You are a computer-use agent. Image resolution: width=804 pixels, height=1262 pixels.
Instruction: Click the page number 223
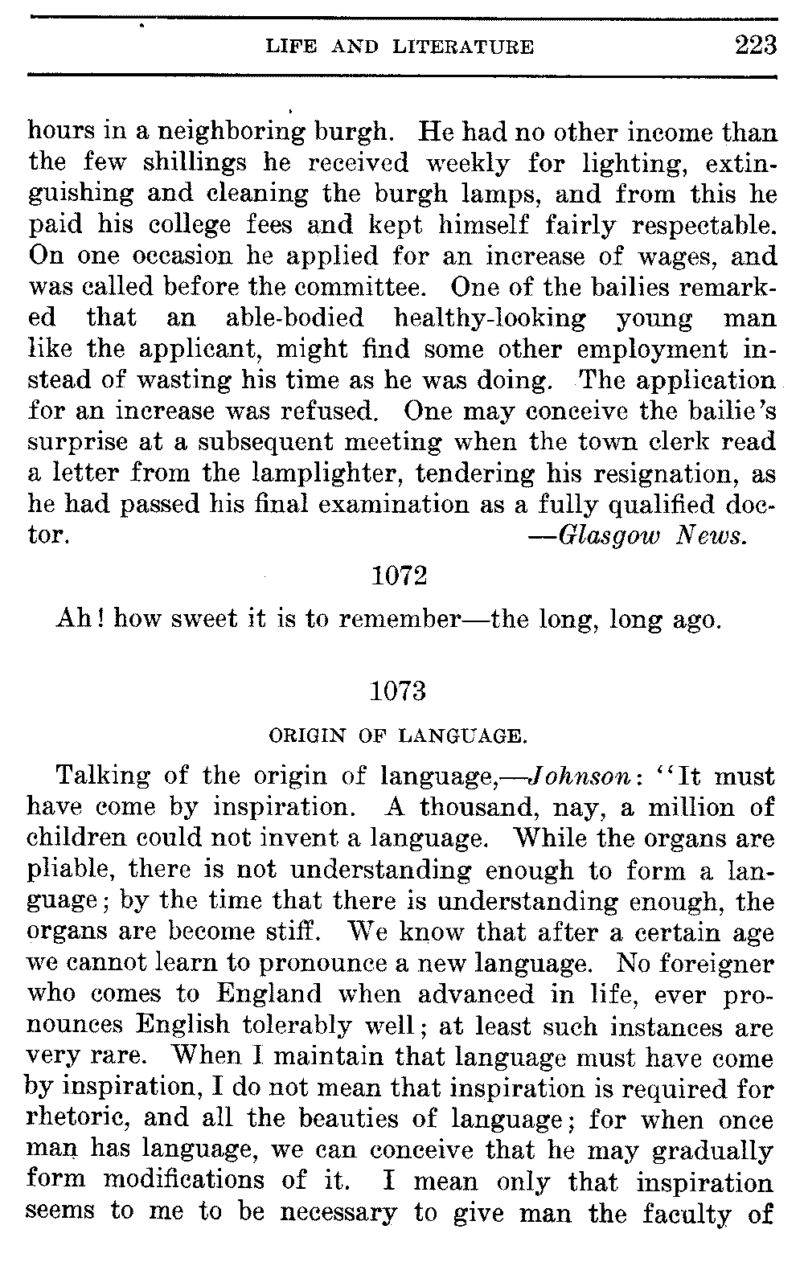pos(756,45)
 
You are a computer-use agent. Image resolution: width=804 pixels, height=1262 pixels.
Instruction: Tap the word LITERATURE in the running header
pos(463,47)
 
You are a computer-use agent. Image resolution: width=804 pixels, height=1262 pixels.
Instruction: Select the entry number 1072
pos(400,577)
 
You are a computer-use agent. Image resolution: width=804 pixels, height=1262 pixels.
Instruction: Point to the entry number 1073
pos(400,692)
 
